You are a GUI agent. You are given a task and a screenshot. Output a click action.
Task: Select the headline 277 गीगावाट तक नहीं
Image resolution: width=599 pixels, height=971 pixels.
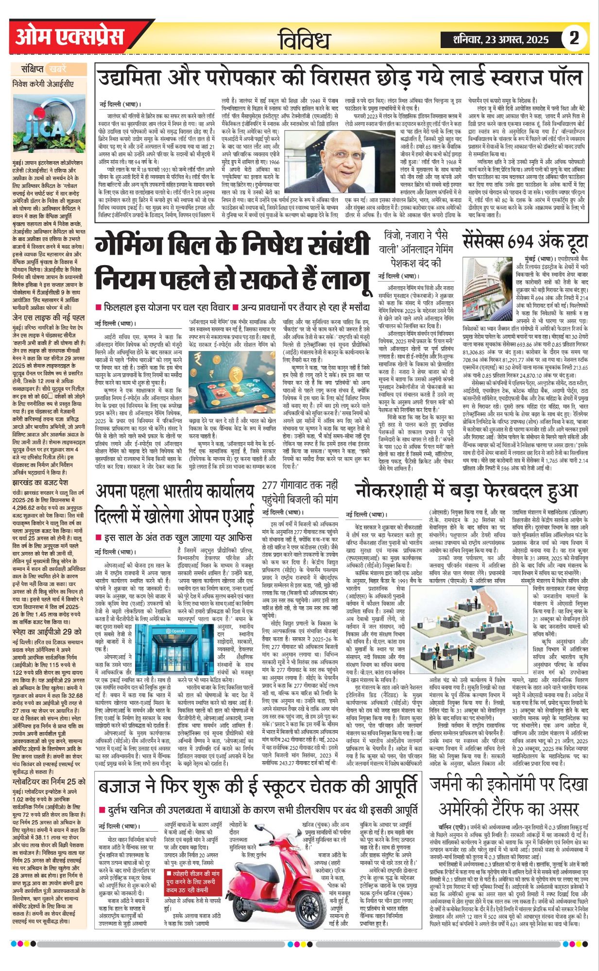(x=299, y=485)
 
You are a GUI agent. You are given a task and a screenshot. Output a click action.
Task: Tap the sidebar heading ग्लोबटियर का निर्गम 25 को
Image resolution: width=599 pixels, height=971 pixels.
(x=49, y=782)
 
